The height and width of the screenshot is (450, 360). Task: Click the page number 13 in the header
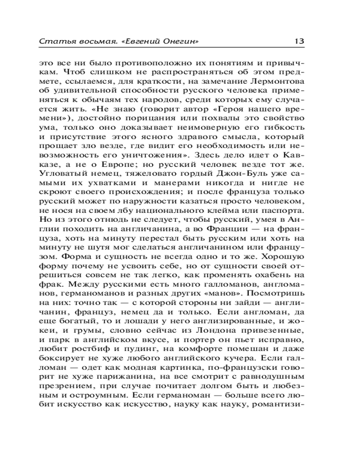tap(298, 41)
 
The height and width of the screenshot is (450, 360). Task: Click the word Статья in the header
tap(54, 41)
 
